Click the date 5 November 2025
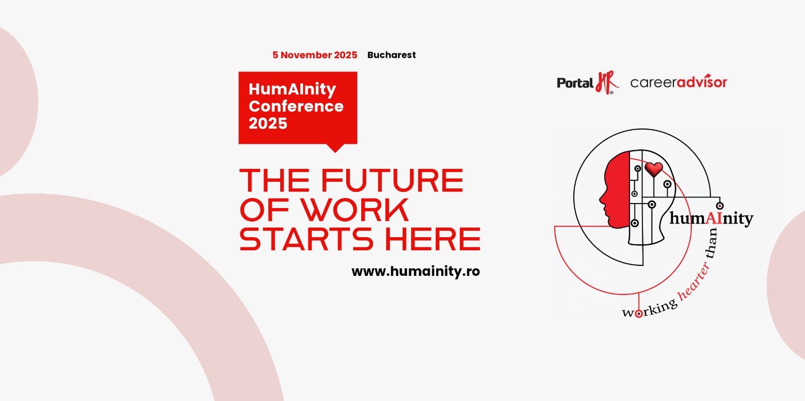pos(315,55)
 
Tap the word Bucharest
pos(391,55)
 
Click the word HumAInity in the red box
pos(292,89)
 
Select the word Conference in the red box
pos(296,106)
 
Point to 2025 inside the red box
pos(268,124)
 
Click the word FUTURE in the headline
pos(392,180)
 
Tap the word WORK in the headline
pos(354,210)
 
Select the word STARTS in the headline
pos(306,239)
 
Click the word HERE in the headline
pos(433,239)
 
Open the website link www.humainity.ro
pos(416,271)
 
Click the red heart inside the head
pos(654,169)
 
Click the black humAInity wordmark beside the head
pos(711,218)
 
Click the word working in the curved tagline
pos(650,309)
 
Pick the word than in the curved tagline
pos(711,243)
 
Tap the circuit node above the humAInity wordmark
pos(720,206)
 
